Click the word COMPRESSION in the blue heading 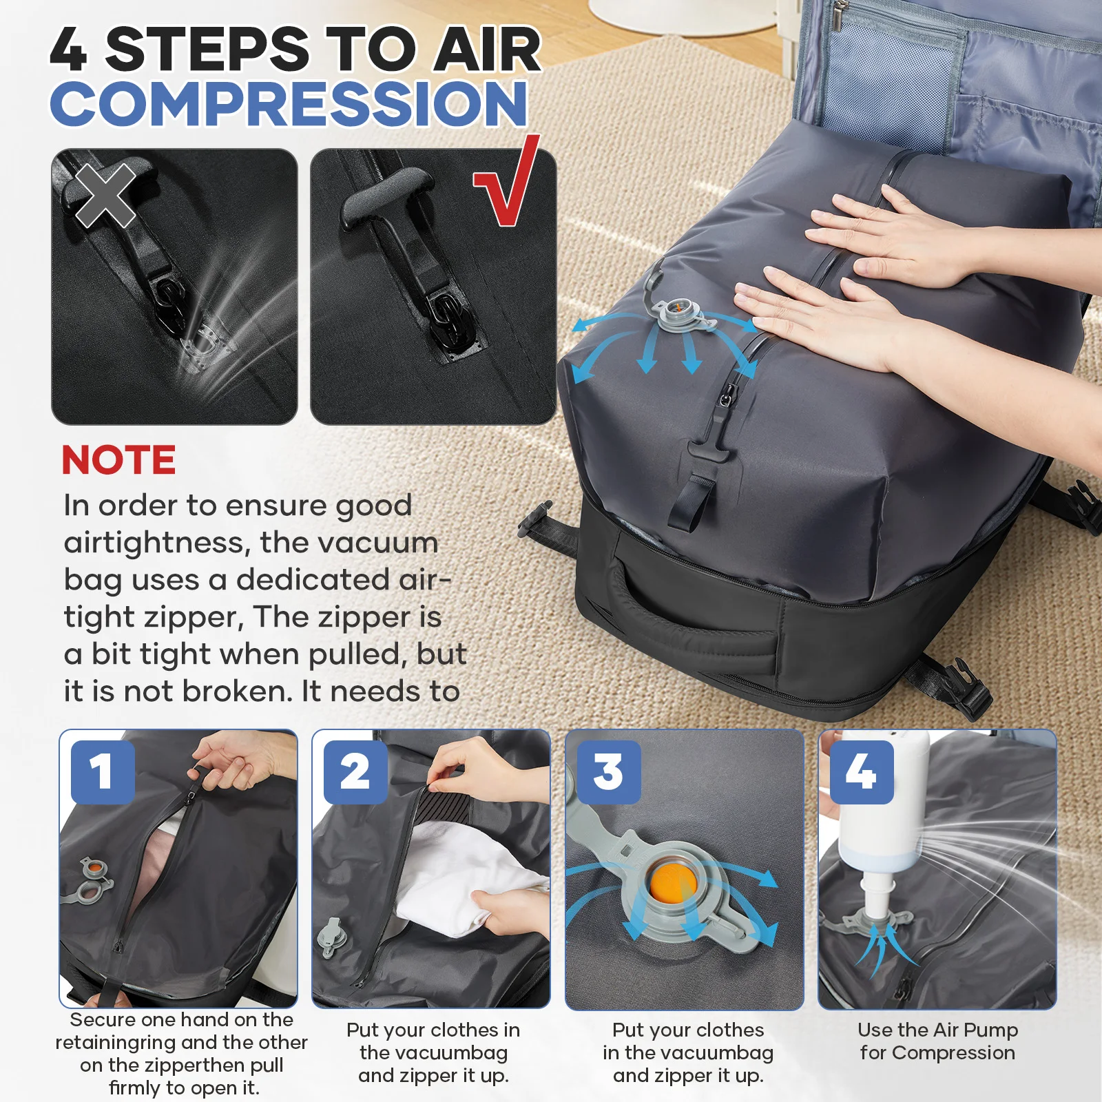pos(289,103)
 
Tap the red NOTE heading pos(118,460)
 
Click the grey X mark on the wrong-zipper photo pos(105,196)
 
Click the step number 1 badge pos(102,771)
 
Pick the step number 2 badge pos(355,771)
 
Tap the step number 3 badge pos(609,771)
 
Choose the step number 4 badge pos(862,771)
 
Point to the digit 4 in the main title pos(69,50)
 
